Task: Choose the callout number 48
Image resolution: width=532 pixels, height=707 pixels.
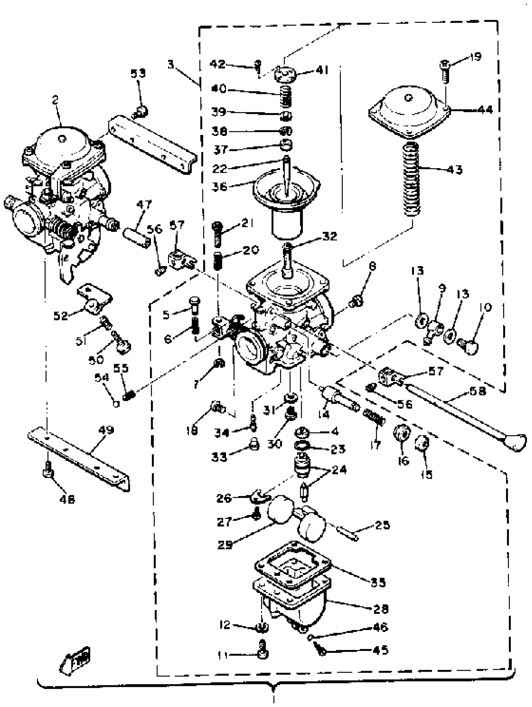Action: point(67,498)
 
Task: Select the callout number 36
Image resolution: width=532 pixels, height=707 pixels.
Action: point(219,186)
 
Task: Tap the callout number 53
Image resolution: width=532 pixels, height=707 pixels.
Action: point(138,73)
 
